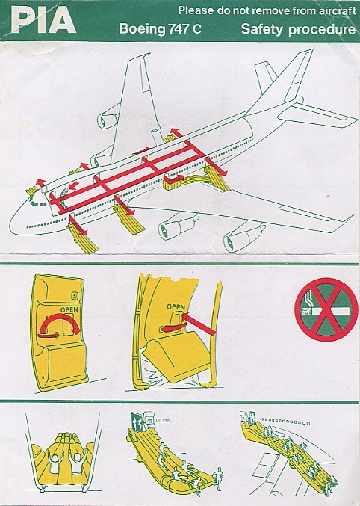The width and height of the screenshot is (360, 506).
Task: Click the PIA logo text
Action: pyautogui.click(x=43, y=20)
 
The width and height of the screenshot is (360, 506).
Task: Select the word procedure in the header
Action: pyautogui.click(x=322, y=30)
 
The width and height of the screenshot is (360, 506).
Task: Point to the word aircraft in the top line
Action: pyautogui.click(x=338, y=11)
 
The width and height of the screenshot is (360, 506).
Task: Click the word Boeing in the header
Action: pyautogui.click(x=142, y=29)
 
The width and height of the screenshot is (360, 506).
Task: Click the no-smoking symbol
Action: pyautogui.click(x=326, y=309)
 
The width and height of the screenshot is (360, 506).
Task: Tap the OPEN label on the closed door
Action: pyautogui.click(x=69, y=309)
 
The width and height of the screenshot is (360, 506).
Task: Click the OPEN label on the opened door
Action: pyautogui.click(x=176, y=307)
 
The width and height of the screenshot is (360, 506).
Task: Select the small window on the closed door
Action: pyautogui.click(x=75, y=295)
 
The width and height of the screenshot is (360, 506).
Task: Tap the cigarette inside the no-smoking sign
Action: pyautogui.click(x=326, y=311)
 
